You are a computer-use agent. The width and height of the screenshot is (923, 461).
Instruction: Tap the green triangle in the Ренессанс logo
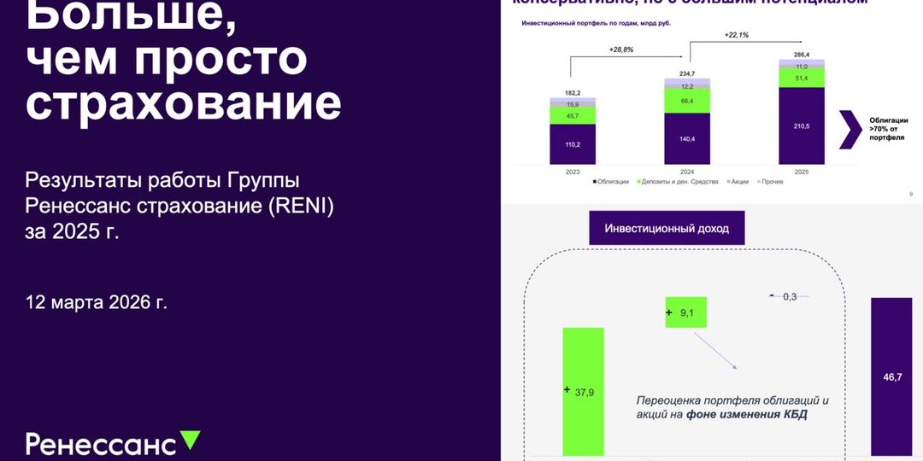[x=191, y=441]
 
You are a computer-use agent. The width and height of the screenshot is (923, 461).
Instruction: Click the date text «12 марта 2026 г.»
[x=97, y=302]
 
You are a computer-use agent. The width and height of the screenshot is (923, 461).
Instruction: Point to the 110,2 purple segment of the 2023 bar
[x=572, y=144]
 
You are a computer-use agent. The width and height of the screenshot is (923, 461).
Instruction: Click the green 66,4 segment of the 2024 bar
[x=687, y=101]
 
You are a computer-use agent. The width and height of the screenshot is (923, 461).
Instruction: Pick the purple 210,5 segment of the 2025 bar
[x=801, y=125]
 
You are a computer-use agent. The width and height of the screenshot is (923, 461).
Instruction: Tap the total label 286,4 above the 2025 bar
[x=801, y=55]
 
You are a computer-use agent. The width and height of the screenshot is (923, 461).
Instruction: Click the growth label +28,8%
[x=620, y=50]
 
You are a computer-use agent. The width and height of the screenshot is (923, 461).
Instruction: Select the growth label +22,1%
[x=736, y=35]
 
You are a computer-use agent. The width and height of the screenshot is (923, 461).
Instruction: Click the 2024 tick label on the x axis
[x=686, y=172]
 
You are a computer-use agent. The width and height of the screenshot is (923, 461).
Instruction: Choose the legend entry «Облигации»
[x=612, y=182]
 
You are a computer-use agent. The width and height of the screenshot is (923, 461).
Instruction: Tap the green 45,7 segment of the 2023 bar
[x=572, y=115]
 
